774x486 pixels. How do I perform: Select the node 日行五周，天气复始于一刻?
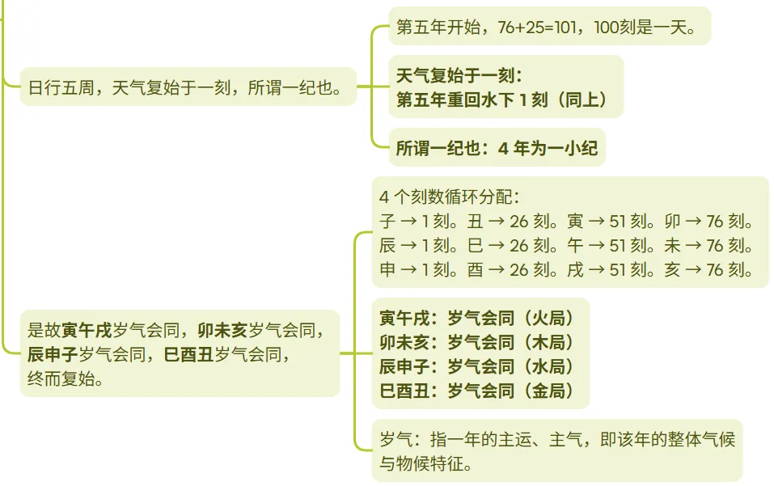188,87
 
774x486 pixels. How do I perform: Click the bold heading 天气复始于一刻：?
459,76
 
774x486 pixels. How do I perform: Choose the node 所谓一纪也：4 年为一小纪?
497,148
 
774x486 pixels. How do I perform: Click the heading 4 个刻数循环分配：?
449,197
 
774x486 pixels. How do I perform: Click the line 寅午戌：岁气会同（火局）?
477,318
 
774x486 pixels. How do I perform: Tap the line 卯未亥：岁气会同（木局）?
477,342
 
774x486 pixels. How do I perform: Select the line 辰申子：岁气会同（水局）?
477,366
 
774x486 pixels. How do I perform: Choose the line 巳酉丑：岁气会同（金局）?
477,391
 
